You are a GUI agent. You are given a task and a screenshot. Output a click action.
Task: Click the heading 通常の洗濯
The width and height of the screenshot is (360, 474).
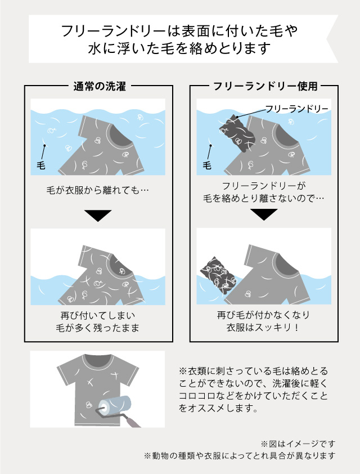tap(100, 87)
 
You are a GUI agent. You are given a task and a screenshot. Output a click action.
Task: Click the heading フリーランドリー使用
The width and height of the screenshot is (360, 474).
tap(265, 87)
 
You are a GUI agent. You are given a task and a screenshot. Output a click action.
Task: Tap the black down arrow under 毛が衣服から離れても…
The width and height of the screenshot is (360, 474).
tap(98, 216)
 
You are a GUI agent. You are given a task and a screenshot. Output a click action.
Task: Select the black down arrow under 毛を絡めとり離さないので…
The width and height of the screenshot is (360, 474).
tap(264, 214)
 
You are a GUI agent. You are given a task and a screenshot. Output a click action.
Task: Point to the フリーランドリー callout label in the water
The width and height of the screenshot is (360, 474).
tap(296, 109)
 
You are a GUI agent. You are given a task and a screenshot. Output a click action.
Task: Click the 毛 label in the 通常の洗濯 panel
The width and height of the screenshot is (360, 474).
tap(40, 165)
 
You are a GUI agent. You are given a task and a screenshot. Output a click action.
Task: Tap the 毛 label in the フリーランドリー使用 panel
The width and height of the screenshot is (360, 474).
tap(207, 165)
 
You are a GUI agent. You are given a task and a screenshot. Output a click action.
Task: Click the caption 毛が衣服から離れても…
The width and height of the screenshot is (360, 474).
tap(97, 191)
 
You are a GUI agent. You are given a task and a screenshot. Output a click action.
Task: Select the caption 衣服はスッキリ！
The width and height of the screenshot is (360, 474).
tap(263, 327)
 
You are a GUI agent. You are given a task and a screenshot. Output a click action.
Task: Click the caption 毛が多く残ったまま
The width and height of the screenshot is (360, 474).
tap(97, 328)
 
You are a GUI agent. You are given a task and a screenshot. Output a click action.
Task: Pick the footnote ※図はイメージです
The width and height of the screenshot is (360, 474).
tap(298, 444)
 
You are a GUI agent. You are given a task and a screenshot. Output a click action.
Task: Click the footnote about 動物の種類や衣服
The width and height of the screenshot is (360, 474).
tap(240, 455)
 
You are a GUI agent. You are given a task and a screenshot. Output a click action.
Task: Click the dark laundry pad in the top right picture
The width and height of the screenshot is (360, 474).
tap(237, 133)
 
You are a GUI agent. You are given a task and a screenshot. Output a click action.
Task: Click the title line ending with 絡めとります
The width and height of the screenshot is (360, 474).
tap(179, 48)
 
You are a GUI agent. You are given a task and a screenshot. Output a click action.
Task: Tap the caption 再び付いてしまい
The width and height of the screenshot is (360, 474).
tap(97, 316)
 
